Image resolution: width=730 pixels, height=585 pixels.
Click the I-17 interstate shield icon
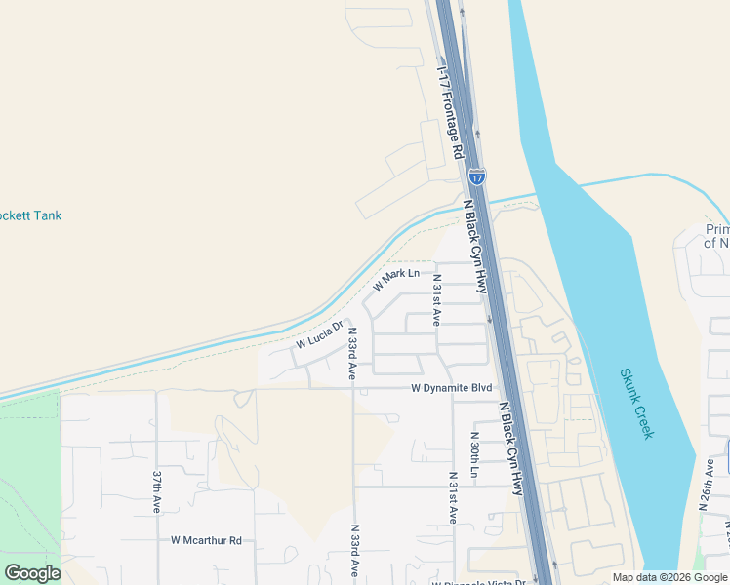[x=475, y=176]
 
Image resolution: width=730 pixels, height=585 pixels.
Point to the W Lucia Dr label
[x=320, y=334]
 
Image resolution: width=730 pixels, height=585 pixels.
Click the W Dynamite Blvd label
[x=451, y=387]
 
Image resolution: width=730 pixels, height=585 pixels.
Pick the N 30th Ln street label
[x=474, y=454]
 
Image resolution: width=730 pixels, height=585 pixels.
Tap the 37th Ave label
[x=156, y=492]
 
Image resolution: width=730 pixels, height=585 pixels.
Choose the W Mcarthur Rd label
[x=206, y=539]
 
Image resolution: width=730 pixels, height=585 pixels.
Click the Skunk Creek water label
[x=635, y=404]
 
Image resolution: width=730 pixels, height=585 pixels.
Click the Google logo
[x=32, y=573]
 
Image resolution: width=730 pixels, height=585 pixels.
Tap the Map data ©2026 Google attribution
[x=669, y=577]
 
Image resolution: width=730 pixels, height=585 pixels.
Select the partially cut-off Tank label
[x=30, y=215]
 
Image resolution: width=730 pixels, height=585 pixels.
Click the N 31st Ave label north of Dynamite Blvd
[x=437, y=300]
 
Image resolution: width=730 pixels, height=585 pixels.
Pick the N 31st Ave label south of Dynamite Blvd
[x=453, y=498]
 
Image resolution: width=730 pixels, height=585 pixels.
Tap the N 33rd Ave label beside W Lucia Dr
[x=352, y=352]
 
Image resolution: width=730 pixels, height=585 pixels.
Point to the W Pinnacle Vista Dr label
[x=478, y=582]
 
